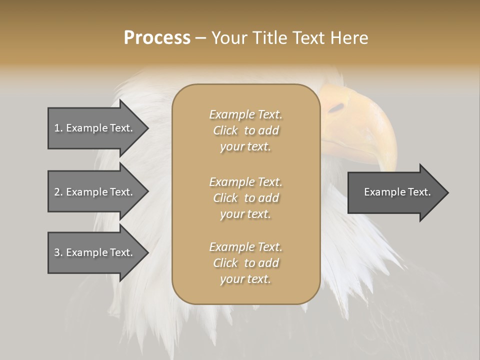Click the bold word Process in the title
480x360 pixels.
point(157,38)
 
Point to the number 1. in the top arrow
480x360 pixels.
point(58,128)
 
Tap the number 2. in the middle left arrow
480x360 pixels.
point(58,192)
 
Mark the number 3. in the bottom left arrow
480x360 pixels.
point(58,252)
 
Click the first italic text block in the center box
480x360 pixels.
point(245,130)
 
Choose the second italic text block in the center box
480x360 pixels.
point(245,197)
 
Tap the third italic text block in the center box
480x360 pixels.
point(245,263)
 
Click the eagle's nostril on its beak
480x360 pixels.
point(336,107)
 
